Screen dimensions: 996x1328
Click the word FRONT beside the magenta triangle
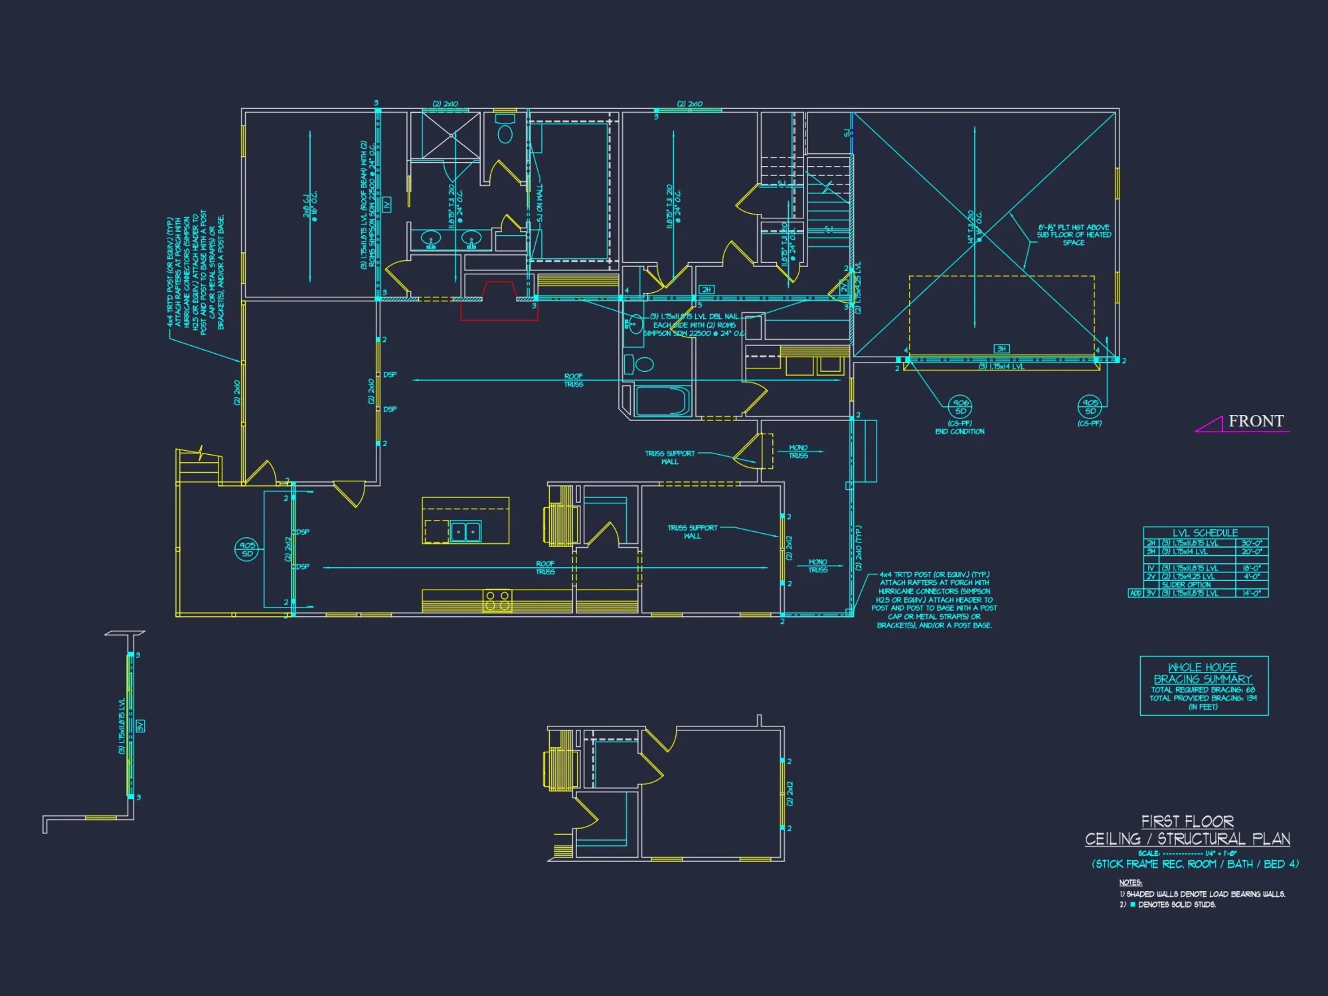[x=1256, y=421]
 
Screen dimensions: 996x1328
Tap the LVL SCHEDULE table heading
[x=1204, y=533]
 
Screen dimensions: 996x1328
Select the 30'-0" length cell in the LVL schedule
[x=1252, y=543]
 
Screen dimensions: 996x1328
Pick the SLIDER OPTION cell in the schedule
[x=1186, y=585]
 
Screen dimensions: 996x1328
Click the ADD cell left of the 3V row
[x=1135, y=593]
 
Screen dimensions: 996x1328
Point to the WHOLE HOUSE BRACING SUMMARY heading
[x=1203, y=673]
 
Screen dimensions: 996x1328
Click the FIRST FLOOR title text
[x=1187, y=821]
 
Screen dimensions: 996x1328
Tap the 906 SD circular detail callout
[x=960, y=406]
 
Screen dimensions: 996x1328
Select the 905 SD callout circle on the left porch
[x=247, y=549]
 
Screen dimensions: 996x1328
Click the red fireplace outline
[x=499, y=302]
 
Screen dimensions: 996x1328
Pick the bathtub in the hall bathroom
[x=662, y=401]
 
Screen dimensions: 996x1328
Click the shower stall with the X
[x=451, y=135]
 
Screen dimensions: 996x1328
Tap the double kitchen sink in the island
[x=465, y=532]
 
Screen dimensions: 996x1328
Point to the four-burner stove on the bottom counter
[x=497, y=601]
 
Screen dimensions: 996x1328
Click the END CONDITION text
[x=959, y=432]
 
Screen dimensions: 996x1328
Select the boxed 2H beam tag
[x=706, y=290]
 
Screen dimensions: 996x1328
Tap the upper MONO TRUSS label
[x=798, y=452]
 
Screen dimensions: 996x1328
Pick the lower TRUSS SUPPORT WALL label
[x=692, y=532]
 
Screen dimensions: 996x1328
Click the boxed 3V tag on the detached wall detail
[x=140, y=726]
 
